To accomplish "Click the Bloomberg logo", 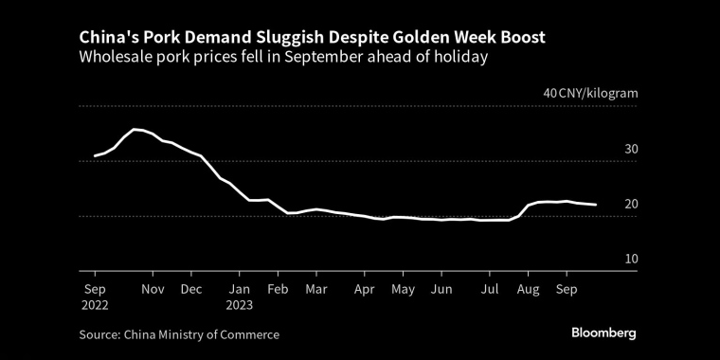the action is [x=603, y=333].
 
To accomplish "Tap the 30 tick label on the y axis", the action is [x=631, y=150].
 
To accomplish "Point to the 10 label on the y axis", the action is [x=632, y=259].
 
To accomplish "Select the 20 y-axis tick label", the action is [x=631, y=205].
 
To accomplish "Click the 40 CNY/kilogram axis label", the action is [x=590, y=94].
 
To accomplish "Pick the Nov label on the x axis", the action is [x=153, y=290].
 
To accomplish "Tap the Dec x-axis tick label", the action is [x=191, y=290].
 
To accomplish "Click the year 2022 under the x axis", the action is [x=95, y=305].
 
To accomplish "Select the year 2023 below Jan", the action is [x=240, y=305].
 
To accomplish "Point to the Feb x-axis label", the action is [x=278, y=290].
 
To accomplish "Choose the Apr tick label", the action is [x=365, y=290].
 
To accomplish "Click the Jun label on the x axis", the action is [x=441, y=290].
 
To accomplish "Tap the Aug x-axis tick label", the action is [x=528, y=290].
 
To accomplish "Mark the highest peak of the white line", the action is [x=134, y=130].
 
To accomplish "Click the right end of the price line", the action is [x=596, y=205].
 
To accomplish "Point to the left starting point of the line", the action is [x=95, y=156].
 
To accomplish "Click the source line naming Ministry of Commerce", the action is [x=179, y=334].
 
